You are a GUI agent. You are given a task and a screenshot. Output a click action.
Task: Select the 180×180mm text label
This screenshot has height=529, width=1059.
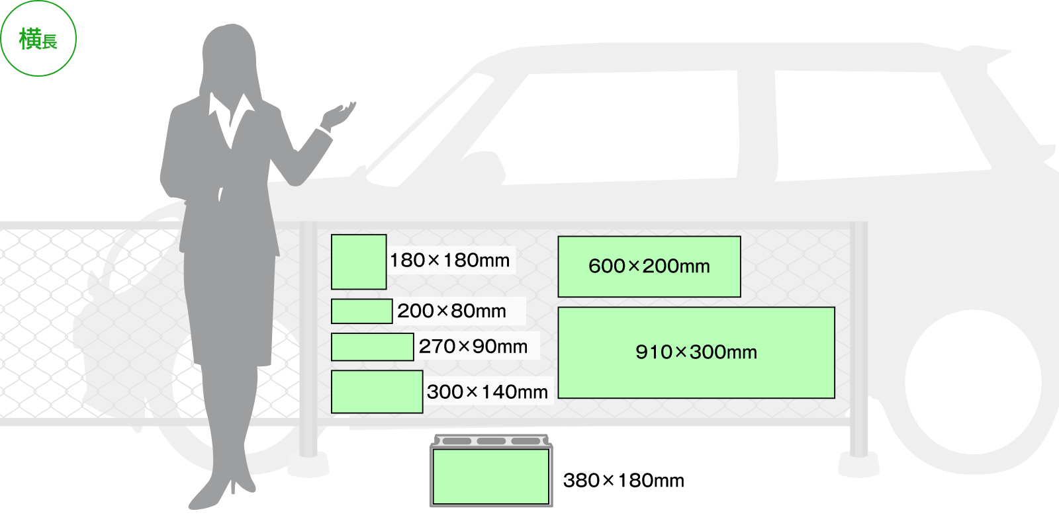coord(449,261)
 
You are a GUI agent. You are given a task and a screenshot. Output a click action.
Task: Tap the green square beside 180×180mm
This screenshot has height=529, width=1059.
coord(359,262)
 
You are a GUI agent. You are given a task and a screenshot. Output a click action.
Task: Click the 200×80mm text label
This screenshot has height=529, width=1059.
coord(451,311)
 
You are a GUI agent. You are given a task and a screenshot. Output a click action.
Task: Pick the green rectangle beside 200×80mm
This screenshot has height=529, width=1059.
coord(361,311)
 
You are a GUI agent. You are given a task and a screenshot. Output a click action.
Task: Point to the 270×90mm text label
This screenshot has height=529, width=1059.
coord(473,346)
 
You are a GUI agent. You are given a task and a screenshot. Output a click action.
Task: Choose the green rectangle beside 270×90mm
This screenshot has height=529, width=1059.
coord(372,347)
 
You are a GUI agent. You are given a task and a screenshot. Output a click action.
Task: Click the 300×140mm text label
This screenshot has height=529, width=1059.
coord(487,392)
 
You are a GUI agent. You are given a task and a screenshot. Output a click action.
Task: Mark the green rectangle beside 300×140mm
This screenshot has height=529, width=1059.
coord(377,391)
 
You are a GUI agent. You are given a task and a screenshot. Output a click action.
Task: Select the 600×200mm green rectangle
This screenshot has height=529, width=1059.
coord(649,266)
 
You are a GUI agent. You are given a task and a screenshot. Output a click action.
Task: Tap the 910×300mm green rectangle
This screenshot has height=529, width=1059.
coord(696,352)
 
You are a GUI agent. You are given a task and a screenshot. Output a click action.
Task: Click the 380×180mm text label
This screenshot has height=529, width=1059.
coord(623,481)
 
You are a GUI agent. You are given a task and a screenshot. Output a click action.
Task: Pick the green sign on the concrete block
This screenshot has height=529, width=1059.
coord(490,476)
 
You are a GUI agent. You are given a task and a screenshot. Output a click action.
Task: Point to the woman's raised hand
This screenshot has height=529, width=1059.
coord(340,114)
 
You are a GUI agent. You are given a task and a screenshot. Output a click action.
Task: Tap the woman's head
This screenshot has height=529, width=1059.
coord(228,56)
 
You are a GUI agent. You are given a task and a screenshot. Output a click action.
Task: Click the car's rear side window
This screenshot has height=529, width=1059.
coord(874,126)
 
